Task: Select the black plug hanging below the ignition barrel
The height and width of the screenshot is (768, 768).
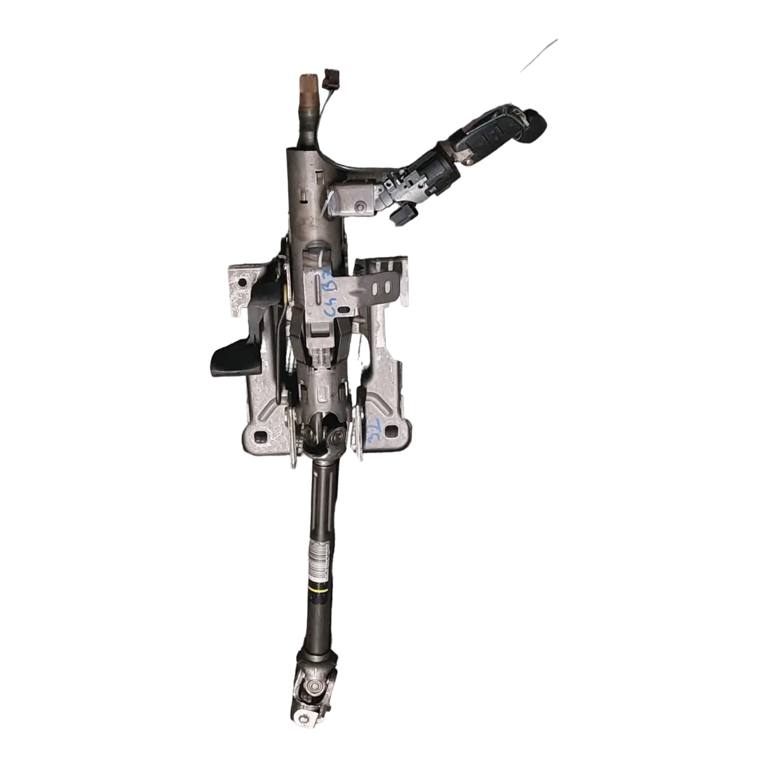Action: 397,215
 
